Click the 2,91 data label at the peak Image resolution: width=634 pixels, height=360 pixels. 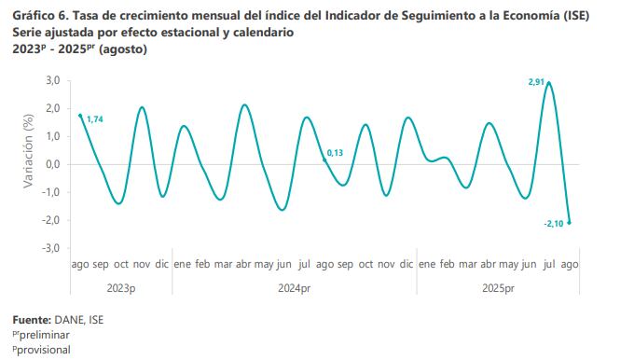tap(536, 83)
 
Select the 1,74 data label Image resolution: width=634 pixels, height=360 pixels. tap(94, 119)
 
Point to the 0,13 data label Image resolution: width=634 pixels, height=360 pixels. tap(335, 152)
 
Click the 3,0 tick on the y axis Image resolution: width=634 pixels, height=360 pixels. tap(52, 81)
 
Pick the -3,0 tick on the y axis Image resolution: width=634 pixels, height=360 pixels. tap(51, 249)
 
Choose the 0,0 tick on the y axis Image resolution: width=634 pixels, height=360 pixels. tap(52, 165)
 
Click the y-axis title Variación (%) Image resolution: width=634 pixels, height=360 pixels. tap(29, 151)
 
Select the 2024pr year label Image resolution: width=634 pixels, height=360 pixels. tap(294, 287)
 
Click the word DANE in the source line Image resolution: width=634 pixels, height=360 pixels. tap(70, 321)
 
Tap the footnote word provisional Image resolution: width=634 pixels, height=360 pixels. tap(44, 350)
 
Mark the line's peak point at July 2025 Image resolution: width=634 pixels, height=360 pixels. tap(549, 83)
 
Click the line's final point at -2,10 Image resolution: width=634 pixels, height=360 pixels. tap(569, 223)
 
